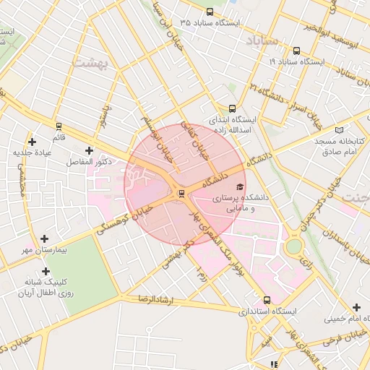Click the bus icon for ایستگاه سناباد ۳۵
click(x=210, y=12)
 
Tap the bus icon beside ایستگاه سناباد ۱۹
click(x=297, y=51)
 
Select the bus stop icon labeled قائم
click(x=59, y=126)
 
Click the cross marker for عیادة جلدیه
click(x=31, y=142)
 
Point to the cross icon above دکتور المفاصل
click(x=89, y=150)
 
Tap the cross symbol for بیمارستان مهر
click(x=45, y=238)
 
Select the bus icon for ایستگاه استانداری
click(x=267, y=300)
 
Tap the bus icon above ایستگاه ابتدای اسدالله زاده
click(x=232, y=108)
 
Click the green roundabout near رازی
click(x=293, y=246)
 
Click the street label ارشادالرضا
click(x=149, y=298)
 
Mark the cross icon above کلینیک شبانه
click(x=46, y=271)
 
